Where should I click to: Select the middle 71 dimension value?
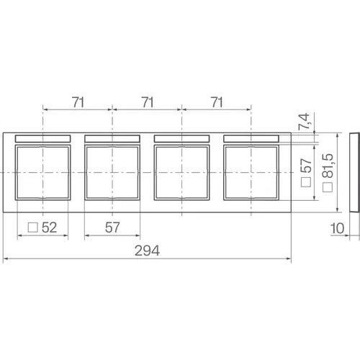pyautogui.click(x=148, y=102)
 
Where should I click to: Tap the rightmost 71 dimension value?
pyautogui.click(x=217, y=102)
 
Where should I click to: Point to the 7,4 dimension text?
pyautogui.click(x=306, y=120)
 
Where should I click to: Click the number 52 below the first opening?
pyautogui.click(x=49, y=228)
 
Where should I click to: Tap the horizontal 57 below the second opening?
pyautogui.click(x=112, y=228)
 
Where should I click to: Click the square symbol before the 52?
pyautogui.click(x=32, y=228)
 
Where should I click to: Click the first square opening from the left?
pyautogui.click(x=43, y=172)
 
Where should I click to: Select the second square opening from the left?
pyautogui.click(x=112, y=172)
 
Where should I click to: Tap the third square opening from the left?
pyautogui.click(x=182, y=172)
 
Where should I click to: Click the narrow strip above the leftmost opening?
pyautogui.click(x=43, y=138)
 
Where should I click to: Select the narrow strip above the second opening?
pyautogui.click(x=112, y=138)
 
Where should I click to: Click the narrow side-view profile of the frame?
pyautogui.click(x=353, y=173)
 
